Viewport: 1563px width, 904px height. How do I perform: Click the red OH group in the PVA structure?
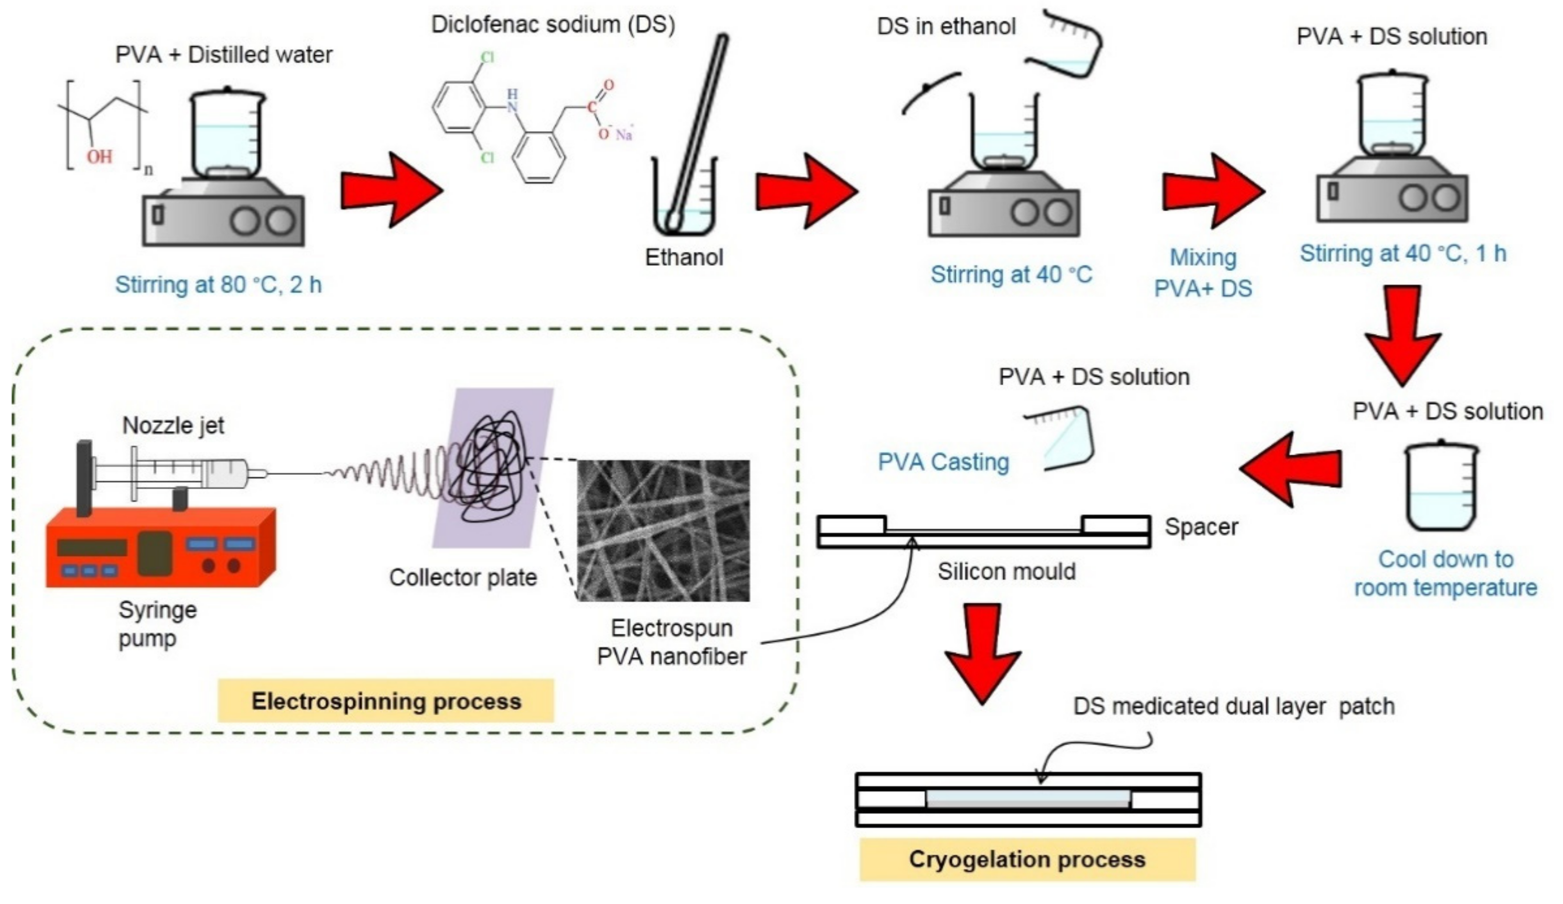tap(99, 156)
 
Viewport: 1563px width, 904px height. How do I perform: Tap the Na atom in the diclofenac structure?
tap(623, 134)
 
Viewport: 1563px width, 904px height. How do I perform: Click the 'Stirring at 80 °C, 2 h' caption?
tap(219, 285)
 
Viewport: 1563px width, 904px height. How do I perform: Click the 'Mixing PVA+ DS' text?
tap(1203, 273)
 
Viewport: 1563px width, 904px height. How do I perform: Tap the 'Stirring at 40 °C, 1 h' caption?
tap(1403, 254)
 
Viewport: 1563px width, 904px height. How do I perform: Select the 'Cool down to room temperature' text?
tap(1445, 574)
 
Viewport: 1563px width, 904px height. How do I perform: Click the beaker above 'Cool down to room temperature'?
tap(1440, 487)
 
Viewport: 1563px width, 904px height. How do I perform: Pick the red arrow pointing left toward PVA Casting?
tap(1290, 469)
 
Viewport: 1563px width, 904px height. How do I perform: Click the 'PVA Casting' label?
tap(943, 462)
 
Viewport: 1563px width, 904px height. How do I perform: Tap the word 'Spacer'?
tap(1201, 527)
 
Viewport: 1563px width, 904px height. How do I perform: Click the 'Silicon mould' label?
tap(1006, 572)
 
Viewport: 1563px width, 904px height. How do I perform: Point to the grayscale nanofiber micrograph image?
tap(663, 531)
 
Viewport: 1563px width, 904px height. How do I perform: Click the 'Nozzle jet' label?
tap(173, 425)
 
